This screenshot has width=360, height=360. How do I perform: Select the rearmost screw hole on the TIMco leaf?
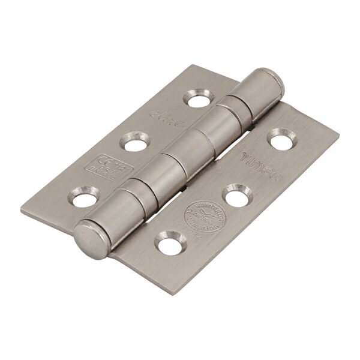click(x=279, y=137)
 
